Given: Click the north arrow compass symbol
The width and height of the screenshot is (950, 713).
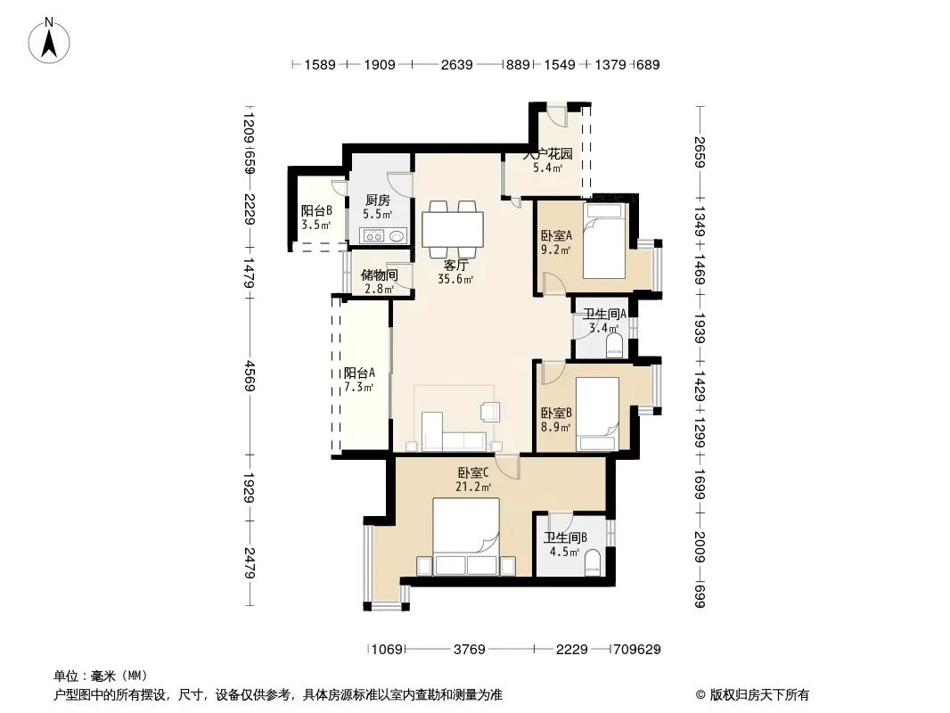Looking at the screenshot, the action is point(49,40).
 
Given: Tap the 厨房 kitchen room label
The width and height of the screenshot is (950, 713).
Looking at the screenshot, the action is point(378,200).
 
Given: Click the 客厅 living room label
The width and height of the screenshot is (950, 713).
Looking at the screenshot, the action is point(455,266).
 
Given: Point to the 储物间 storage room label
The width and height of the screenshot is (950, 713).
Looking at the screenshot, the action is point(380,275).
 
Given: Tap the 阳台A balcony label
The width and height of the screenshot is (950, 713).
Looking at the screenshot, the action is point(359,373).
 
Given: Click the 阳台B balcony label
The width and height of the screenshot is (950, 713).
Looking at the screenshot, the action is point(316,211).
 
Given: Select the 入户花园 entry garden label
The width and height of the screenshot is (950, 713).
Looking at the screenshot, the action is point(548,154).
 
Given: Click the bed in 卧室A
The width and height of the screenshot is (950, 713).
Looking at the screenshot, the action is point(604,241).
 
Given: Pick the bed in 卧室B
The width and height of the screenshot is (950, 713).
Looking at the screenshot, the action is point(597,414).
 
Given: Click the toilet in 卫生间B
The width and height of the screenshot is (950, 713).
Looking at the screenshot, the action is point(592,562).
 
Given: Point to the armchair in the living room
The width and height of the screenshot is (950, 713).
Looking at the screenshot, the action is point(490,412).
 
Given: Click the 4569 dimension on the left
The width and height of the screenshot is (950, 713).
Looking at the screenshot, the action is point(250,375).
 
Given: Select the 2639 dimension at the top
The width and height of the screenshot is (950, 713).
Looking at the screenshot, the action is point(457,64).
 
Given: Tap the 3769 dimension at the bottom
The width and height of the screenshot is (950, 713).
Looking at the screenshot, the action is point(470,650).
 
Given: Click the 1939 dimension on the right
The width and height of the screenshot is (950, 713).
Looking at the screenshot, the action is point(700,328).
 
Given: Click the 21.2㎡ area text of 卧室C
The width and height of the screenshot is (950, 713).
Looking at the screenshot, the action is point(473,487).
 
